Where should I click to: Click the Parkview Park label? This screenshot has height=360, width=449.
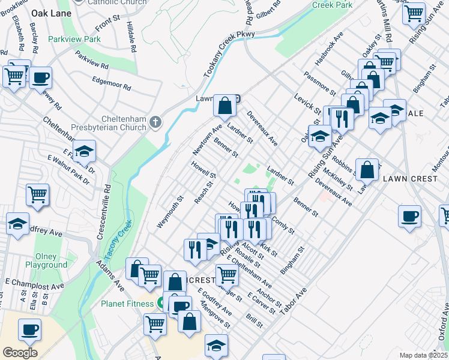[75, 39]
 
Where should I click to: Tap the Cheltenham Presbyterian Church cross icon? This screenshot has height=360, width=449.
[155, 122]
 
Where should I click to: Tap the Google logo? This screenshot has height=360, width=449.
[20, 353]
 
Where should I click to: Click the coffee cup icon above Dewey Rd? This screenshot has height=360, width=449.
[40, 77]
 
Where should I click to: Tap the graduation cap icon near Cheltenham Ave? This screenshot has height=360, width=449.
[84, 151]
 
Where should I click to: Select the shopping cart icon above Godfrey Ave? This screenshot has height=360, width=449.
[38, 195]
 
